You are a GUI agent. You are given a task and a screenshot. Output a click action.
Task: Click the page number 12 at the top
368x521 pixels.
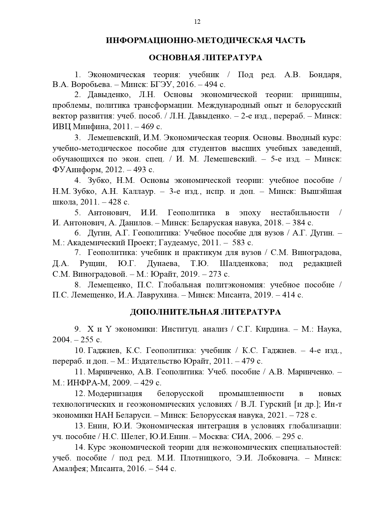click(x=197, y=22)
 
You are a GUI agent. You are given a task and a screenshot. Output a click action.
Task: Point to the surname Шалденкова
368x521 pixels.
click(x=243, y=263)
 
